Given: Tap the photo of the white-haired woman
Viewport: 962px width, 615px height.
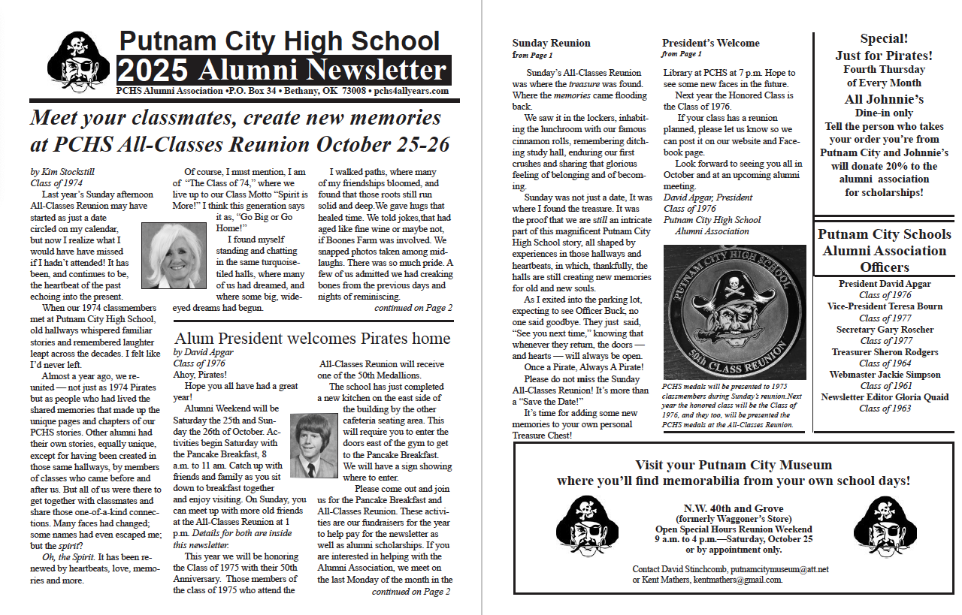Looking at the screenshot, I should tap(173, 256).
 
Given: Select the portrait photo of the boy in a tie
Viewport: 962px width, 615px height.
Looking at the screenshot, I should tap(313, 445).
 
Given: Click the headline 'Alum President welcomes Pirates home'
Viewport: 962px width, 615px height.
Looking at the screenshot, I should tap(311, 339).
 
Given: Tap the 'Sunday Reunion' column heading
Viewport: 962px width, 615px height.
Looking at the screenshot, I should tap(551, 43).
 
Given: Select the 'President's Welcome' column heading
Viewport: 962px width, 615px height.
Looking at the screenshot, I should tap(710, 43).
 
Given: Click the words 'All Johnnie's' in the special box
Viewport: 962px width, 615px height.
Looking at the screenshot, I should tap(883, 99).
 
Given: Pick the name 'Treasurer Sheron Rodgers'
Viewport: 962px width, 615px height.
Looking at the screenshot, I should tap(885, 352).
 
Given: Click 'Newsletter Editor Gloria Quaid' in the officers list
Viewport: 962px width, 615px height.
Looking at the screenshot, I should tap(885, 397).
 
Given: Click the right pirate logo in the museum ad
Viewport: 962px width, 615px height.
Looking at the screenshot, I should tap(885, 525).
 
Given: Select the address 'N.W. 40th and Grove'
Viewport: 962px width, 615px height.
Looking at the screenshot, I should tap(733, 508).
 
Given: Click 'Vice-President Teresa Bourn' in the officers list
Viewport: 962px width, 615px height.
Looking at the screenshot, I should tap(885, 306).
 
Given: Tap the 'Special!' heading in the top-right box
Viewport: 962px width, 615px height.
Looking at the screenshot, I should tap(883, 39).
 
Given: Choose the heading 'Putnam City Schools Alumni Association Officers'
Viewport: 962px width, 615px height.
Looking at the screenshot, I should tap(885, 250).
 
